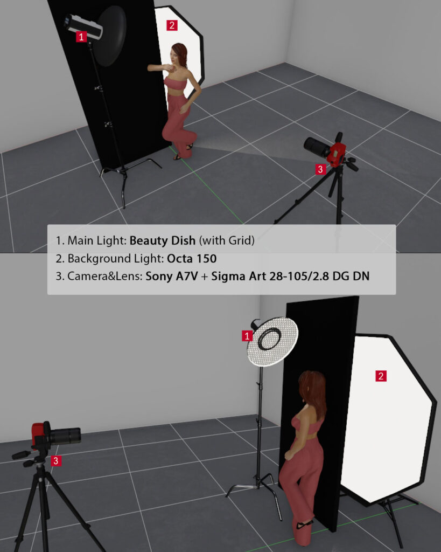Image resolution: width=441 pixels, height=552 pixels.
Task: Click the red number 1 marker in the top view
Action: (81, 37)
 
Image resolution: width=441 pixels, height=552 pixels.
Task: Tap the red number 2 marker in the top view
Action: (172, 25)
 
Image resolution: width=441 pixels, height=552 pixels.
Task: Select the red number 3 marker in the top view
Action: (320, 169)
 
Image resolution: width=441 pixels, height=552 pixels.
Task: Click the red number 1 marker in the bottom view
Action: (247, 336)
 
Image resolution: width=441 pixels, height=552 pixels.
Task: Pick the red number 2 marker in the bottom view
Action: (381, 376)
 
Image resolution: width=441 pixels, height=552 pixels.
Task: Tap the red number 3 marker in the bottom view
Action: (56, 461)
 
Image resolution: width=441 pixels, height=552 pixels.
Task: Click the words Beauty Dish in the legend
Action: (163, 240)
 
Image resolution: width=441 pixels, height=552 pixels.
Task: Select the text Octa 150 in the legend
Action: (192, 259)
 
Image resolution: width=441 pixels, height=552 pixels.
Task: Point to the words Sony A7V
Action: (172, 277)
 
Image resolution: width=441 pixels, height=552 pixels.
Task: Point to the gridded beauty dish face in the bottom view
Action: (272, 341)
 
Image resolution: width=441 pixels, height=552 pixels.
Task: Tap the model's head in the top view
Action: (178, 54)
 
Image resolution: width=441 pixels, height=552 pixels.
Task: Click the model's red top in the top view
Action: (175, 84)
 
